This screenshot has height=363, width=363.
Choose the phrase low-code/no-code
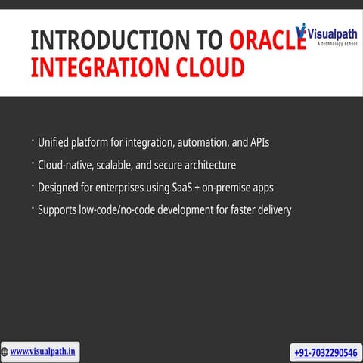click(125, 209)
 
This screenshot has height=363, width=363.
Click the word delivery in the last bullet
click(270, 209)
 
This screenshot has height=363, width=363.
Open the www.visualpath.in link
click(47, 352)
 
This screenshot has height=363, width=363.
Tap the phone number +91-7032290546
click(324, 352)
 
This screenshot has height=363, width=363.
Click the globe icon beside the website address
click(5, 352)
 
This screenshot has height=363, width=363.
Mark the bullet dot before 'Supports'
click(33, 206)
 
